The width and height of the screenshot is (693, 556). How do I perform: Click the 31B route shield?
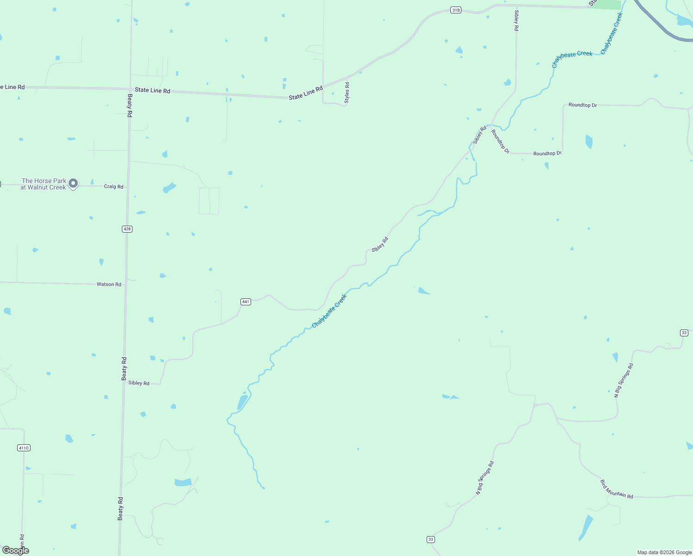456,10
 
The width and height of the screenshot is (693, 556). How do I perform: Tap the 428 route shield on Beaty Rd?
127,229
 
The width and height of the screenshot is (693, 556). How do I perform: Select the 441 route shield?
246,302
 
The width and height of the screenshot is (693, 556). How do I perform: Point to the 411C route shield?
24,448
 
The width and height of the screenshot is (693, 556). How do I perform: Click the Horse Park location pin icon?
73,184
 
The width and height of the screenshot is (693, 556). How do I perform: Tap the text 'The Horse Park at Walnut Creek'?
44,184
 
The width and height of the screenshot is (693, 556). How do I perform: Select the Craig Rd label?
113,187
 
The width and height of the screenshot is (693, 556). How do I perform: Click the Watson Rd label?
109,284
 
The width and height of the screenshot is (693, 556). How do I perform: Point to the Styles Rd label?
347,93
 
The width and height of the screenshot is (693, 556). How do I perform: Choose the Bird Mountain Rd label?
616,489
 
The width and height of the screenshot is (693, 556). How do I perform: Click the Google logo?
16,550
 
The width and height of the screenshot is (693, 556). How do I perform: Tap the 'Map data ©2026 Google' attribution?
664,552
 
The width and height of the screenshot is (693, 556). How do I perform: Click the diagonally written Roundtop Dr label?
500,142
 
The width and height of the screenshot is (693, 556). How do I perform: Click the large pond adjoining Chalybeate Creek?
242,402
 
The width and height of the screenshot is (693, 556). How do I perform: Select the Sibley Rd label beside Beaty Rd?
139,383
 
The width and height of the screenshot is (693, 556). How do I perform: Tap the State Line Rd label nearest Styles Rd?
305,93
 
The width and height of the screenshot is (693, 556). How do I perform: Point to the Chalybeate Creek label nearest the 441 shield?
329,311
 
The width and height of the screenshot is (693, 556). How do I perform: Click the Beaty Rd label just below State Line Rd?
130,106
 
